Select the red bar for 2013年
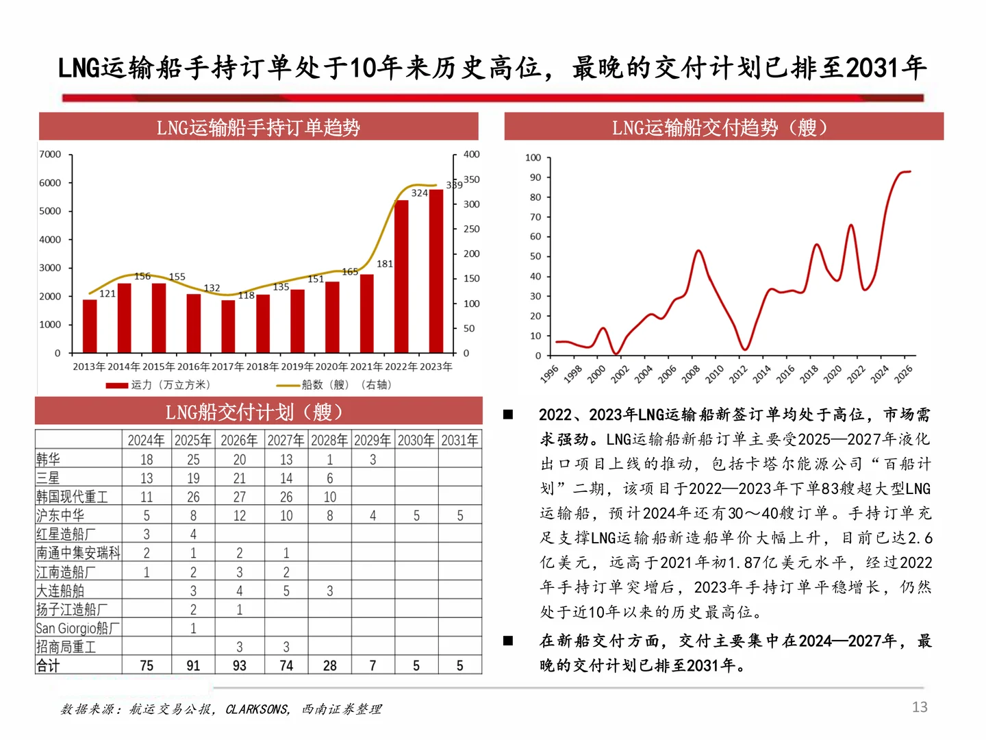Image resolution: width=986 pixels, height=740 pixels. [90, 326]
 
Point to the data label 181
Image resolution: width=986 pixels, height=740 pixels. [385, 264]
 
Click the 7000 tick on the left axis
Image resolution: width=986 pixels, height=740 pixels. [50, 154]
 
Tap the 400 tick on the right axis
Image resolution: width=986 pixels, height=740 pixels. [472, 154]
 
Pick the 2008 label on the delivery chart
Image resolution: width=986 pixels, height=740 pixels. [691, 373]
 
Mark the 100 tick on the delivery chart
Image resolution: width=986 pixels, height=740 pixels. [533, 158]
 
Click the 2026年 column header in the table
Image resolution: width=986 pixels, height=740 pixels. [239, 440]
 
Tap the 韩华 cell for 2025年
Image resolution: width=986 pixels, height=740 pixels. [193, 459]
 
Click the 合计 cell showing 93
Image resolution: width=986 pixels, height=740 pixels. [239, 665]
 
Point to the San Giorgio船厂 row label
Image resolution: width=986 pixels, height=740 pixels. [77, 628]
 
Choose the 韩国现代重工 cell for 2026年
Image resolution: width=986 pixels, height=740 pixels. [239, 497]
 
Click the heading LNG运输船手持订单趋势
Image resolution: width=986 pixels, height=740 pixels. [258, 127]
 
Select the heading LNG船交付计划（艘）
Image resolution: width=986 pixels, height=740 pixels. [254, 412]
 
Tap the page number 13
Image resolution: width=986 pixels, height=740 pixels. [920, 707]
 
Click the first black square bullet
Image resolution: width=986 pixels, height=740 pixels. [508, 415]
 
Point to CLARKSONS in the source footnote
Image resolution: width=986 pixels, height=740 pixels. [257, 710]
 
